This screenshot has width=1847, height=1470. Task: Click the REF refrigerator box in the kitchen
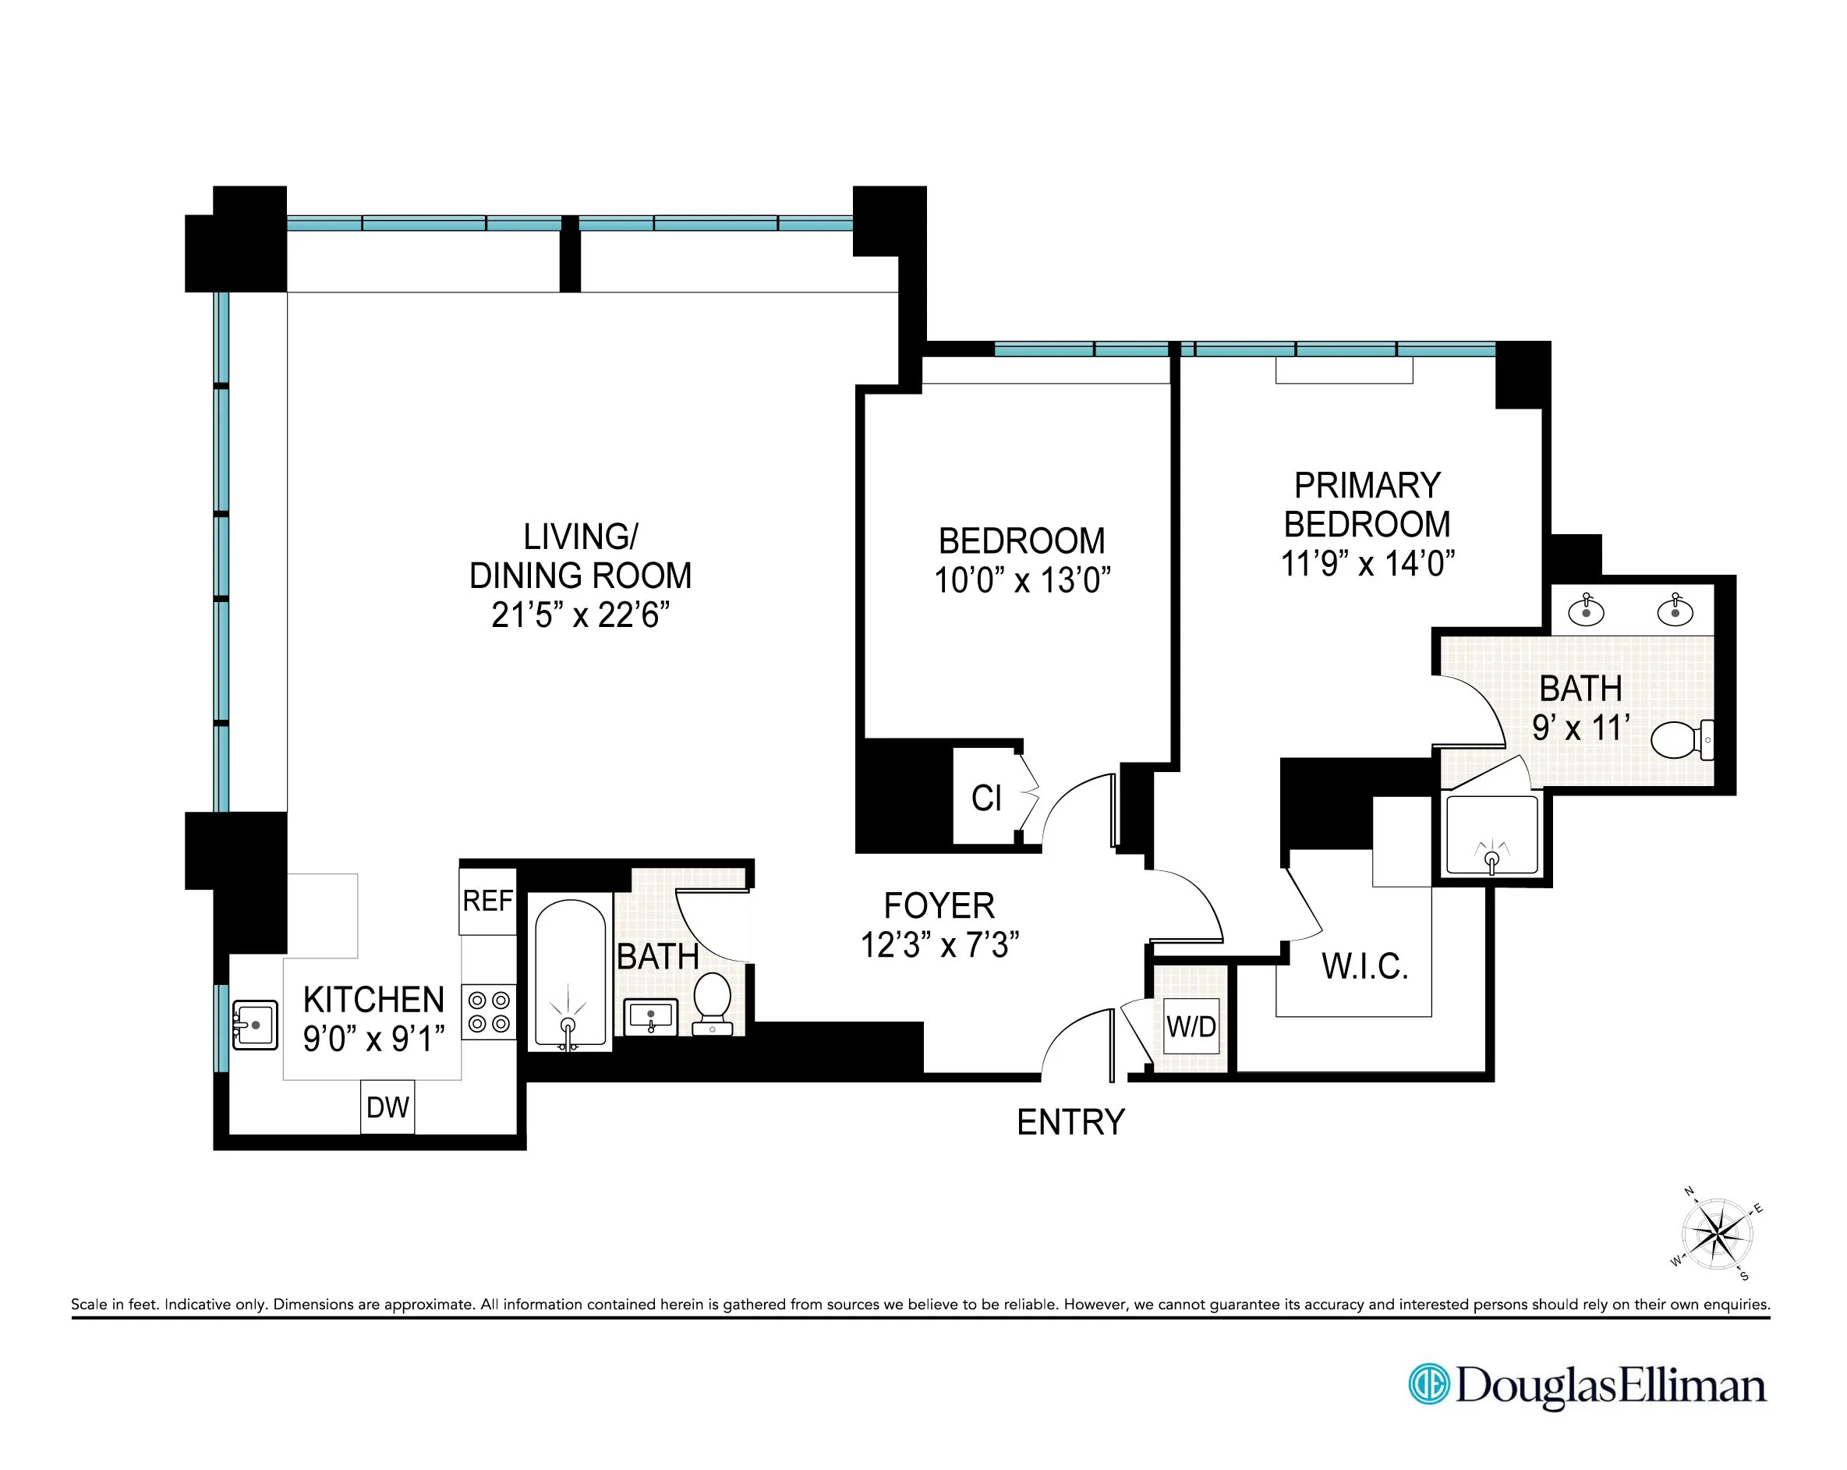click(487, 901)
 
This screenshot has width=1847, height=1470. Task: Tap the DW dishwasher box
click(387, 1107)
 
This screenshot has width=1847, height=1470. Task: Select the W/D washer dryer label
click(1191, 1026)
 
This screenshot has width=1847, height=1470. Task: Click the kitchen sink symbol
click(254, 1025)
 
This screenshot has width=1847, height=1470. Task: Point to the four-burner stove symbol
click(489, 1011)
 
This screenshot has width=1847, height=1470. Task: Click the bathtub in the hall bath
click(570, 974)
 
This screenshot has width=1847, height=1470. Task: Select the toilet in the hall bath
click(712, 1003)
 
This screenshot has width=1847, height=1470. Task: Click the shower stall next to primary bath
click(1491, 835)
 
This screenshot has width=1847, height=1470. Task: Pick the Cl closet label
click(986, 799)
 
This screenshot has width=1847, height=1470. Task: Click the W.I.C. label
click(1364, 966)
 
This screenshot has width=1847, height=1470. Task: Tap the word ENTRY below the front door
click(1070, 1122)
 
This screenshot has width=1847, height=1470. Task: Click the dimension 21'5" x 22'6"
click(580, 615)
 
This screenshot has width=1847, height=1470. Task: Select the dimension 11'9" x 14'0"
click(1368, 564)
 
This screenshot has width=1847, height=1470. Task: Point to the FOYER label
click(939, 905)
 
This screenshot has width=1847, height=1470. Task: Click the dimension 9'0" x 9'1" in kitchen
click(373, 1038)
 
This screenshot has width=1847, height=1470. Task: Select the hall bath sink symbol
click(651, 1017)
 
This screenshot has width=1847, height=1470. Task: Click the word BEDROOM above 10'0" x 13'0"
click(1021, 541)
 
